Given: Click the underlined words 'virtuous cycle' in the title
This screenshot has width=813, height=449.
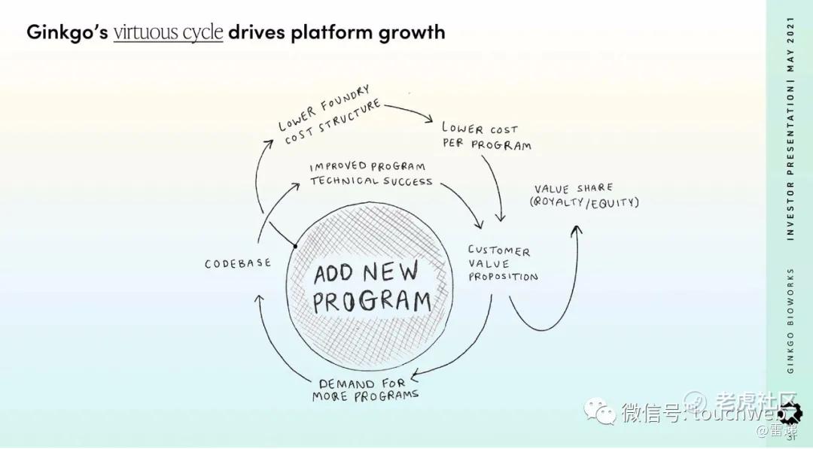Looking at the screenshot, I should [x=168, y=32].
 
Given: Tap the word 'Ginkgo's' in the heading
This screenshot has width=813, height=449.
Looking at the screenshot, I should [x=66, y=32].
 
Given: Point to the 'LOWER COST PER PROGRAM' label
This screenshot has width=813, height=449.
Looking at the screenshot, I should [x=486, y=136].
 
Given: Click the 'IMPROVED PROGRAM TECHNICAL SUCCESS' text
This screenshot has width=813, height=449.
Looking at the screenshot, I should [x=370, y=173].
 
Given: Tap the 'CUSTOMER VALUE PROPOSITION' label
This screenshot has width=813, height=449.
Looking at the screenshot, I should [x=502, y=263].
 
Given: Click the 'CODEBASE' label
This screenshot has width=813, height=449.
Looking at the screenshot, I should [x=237, y=264].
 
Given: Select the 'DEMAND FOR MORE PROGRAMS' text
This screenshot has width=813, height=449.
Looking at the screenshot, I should [x=366, y=389].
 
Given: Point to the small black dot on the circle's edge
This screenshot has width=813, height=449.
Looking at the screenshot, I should [x=295, y=245].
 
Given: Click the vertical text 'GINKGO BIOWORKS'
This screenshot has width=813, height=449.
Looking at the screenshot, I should [x=790, y=320].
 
